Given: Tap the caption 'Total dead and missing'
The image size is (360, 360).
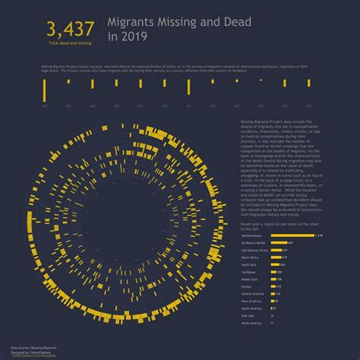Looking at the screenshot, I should [70, 46].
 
